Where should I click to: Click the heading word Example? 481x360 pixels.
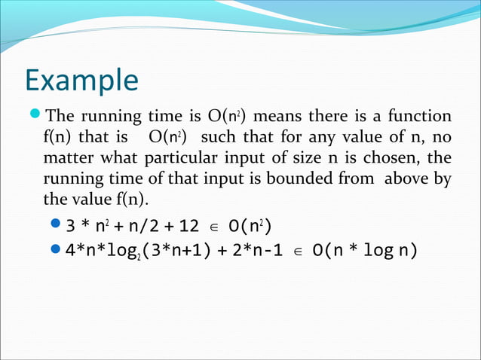pos(81,81)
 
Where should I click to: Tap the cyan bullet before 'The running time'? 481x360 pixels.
pos(36,116)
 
